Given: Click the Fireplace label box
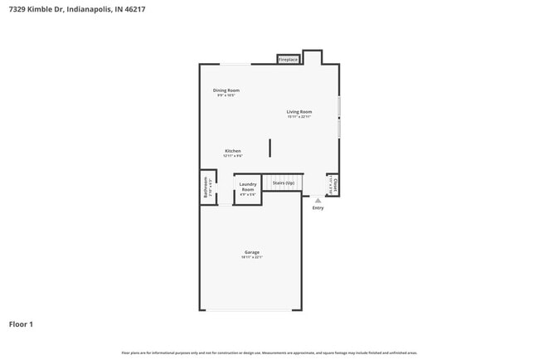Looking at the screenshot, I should point(288,60).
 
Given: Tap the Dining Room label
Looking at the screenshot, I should point(226,90).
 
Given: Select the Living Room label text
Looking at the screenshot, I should point(299,111).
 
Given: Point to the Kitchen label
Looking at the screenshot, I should point(232,150).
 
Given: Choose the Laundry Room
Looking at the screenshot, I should point(248,189).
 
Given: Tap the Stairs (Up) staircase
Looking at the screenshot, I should point(284,182).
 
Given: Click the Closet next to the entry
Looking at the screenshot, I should point(332,184).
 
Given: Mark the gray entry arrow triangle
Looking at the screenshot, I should point(318,200).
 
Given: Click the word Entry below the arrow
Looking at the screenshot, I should point(318,208).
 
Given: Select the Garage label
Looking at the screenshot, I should point(251,251).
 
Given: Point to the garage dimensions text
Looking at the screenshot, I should point(251,257).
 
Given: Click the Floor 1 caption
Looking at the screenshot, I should point(21,324).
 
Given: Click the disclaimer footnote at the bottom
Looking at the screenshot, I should point(269,353).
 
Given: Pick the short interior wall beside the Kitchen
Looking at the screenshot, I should point(269,148).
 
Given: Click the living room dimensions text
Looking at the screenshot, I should point(299,117).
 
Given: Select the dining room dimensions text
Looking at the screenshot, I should point(226,95).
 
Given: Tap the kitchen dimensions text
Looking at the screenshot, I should point(232,156).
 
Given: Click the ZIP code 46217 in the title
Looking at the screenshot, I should point(126,10).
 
